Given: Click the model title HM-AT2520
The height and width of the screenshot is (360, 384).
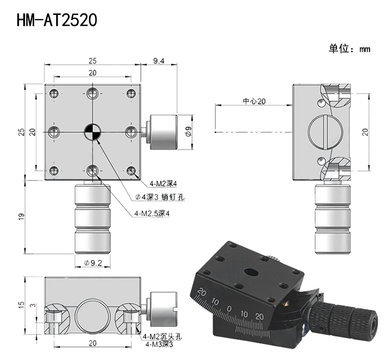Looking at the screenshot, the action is click(57, 20).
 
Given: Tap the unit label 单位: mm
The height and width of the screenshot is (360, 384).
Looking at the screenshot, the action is click(349, 48).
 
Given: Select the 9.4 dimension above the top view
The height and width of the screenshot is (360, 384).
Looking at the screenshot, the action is click(159, 60).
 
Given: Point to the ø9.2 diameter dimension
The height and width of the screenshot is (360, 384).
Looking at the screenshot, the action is click(93, 263).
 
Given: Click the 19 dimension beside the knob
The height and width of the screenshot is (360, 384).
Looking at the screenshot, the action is click(22, 216).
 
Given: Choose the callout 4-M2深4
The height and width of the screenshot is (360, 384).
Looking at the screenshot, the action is click(163, 183).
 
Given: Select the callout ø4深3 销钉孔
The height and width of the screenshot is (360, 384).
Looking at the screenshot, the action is click(160, 197).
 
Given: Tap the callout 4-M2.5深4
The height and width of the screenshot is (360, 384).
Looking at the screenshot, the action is click(152, 214).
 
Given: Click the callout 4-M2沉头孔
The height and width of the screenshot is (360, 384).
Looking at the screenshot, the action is click(162, 336).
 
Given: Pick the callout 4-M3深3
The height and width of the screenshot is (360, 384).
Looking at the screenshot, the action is click(159, 344).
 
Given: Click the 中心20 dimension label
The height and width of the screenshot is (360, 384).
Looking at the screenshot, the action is click(254, 101).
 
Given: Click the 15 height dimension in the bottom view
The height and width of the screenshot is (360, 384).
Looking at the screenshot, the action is click(22, 304).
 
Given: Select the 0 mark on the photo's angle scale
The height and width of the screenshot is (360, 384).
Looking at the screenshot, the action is click(229, 309).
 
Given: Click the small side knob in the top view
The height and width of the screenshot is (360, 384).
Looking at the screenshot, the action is click(160, 132).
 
